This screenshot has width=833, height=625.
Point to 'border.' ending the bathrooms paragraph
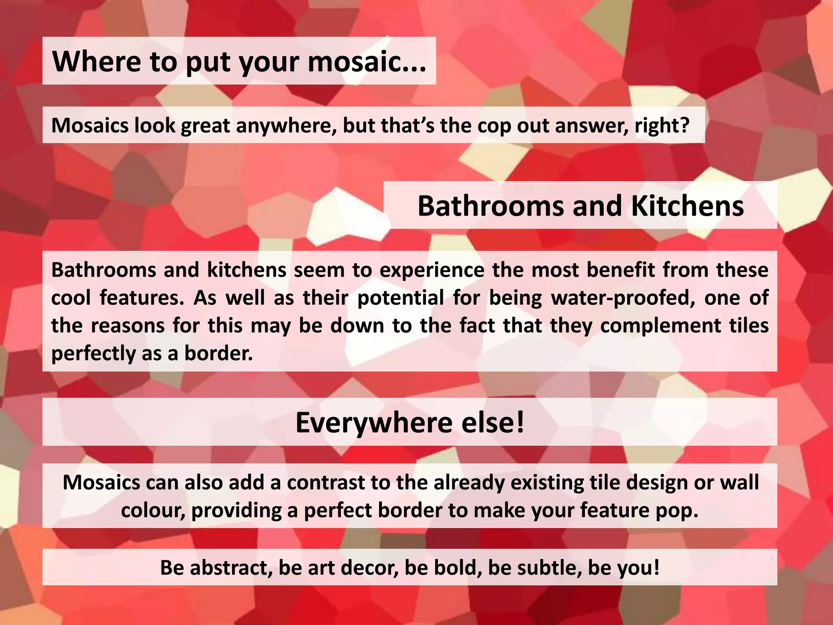tap(218, 353)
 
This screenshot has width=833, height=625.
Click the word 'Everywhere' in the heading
tap(373, 423)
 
